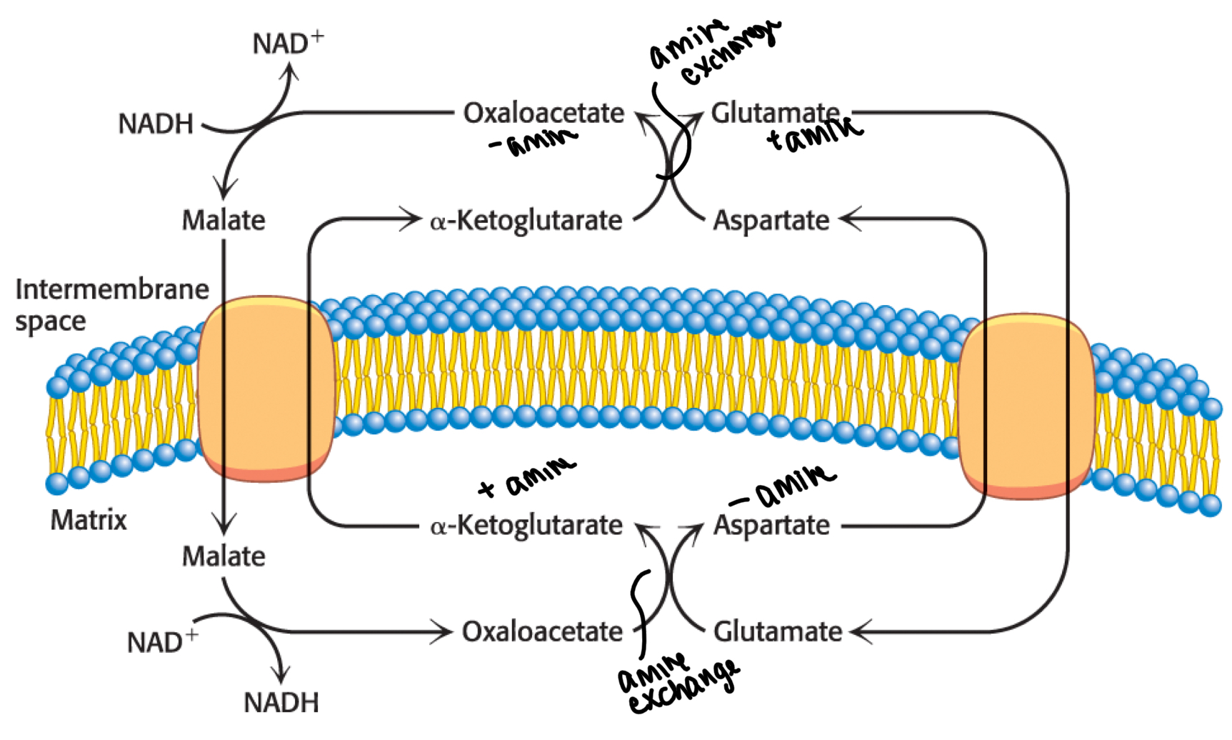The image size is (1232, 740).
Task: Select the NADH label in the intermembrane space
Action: coord(156,124)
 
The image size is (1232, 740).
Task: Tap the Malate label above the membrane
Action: coord(224,219)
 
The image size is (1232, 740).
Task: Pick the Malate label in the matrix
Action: coord(224,556)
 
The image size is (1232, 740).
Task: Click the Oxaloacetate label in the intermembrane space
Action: coord(544,113)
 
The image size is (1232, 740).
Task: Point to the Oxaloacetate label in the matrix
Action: coord(542,631)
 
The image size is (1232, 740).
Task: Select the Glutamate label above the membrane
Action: coord(775,113)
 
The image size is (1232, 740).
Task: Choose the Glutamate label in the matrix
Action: coord(778,631)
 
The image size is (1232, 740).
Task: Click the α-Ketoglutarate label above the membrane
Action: coord(526,220)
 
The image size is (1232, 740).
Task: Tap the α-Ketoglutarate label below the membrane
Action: coord(526,526)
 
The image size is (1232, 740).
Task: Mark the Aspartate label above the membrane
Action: coord(771,220)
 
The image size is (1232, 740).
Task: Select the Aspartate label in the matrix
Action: coord(771,526)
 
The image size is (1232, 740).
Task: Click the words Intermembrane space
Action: coord(111,305)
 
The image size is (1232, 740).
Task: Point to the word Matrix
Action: coord(89,520)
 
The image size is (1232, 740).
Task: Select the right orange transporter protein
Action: coord(1026,406)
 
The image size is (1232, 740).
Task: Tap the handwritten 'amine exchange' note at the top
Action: coord(714,50)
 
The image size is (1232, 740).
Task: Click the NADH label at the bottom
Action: coord(281,702)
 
